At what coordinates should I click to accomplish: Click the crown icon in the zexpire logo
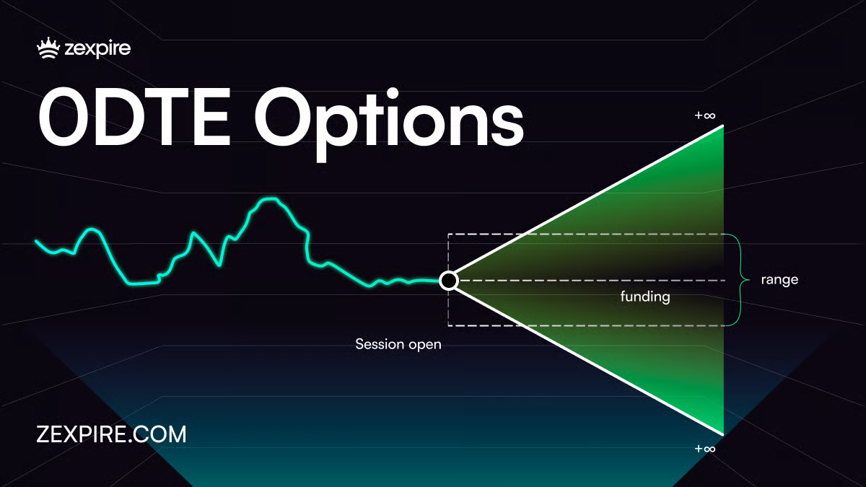pyautogui.click(x=48, y=48)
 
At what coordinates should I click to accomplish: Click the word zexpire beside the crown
pyautogui.click(x=97, y=50)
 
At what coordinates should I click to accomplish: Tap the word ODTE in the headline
pyautogui.click(x=134, y=116)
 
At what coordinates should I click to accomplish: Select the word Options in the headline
pyautogui.click(x=389, y=123)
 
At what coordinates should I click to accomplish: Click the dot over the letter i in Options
pyautogui.click(x=393, y=94)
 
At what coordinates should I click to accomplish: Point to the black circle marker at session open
pyautogui.click(x=448, y=281)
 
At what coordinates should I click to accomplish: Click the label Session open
pyautogui.click(x=398, y=344)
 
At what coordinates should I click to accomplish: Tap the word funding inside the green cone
pyautogui.click(x=645, y=297)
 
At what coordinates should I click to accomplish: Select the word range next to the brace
pyautogui.click(x=779, y=280)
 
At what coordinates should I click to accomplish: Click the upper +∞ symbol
pyautogui.click(x=705, y=115)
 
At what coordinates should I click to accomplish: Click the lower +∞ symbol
pyautogui.click(x=705, y=449)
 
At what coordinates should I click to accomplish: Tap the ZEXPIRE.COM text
pyautogui.click(x=111, y=434)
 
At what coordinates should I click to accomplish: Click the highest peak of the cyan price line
pyautogui.click(x=270, y=198)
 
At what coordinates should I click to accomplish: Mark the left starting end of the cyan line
pyautogui.click(x=36, y=241)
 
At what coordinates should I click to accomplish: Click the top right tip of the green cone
pyautogui.click(x=722, y=126)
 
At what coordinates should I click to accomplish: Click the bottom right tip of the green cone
pyautogui.click(x=722, y=435)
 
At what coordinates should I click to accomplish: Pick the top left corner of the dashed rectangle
pyautogui.click(x=448, y=234)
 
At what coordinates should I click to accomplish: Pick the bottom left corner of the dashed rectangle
pyautogui.click(x=448, y=325)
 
